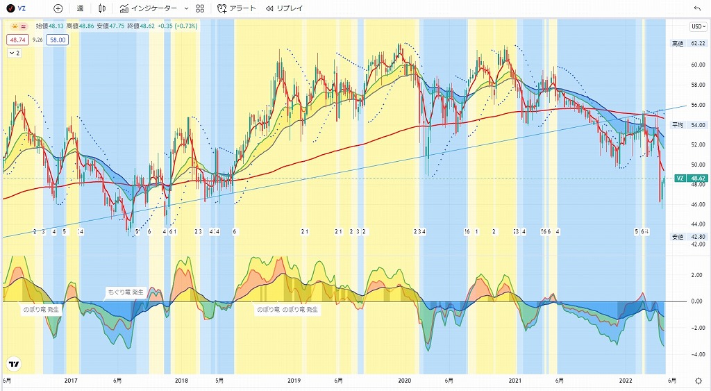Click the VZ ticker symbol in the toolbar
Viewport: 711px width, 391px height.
22,8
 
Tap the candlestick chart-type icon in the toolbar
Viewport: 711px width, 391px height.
103,8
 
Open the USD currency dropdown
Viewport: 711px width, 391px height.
697,26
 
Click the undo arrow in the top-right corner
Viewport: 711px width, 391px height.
697,8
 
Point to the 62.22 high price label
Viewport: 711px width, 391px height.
696,43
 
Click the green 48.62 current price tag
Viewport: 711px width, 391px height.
696,178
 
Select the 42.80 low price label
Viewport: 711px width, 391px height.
696,237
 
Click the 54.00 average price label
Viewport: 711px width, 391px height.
696,125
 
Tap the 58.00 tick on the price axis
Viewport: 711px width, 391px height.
696,85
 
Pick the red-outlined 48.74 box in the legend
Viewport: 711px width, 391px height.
17,40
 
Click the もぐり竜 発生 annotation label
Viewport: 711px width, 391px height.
126,292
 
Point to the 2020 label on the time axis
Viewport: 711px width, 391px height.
405,381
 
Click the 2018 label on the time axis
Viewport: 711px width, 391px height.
181,381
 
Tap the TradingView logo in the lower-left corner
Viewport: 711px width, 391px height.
13,364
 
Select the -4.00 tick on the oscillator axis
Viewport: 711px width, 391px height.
694,353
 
